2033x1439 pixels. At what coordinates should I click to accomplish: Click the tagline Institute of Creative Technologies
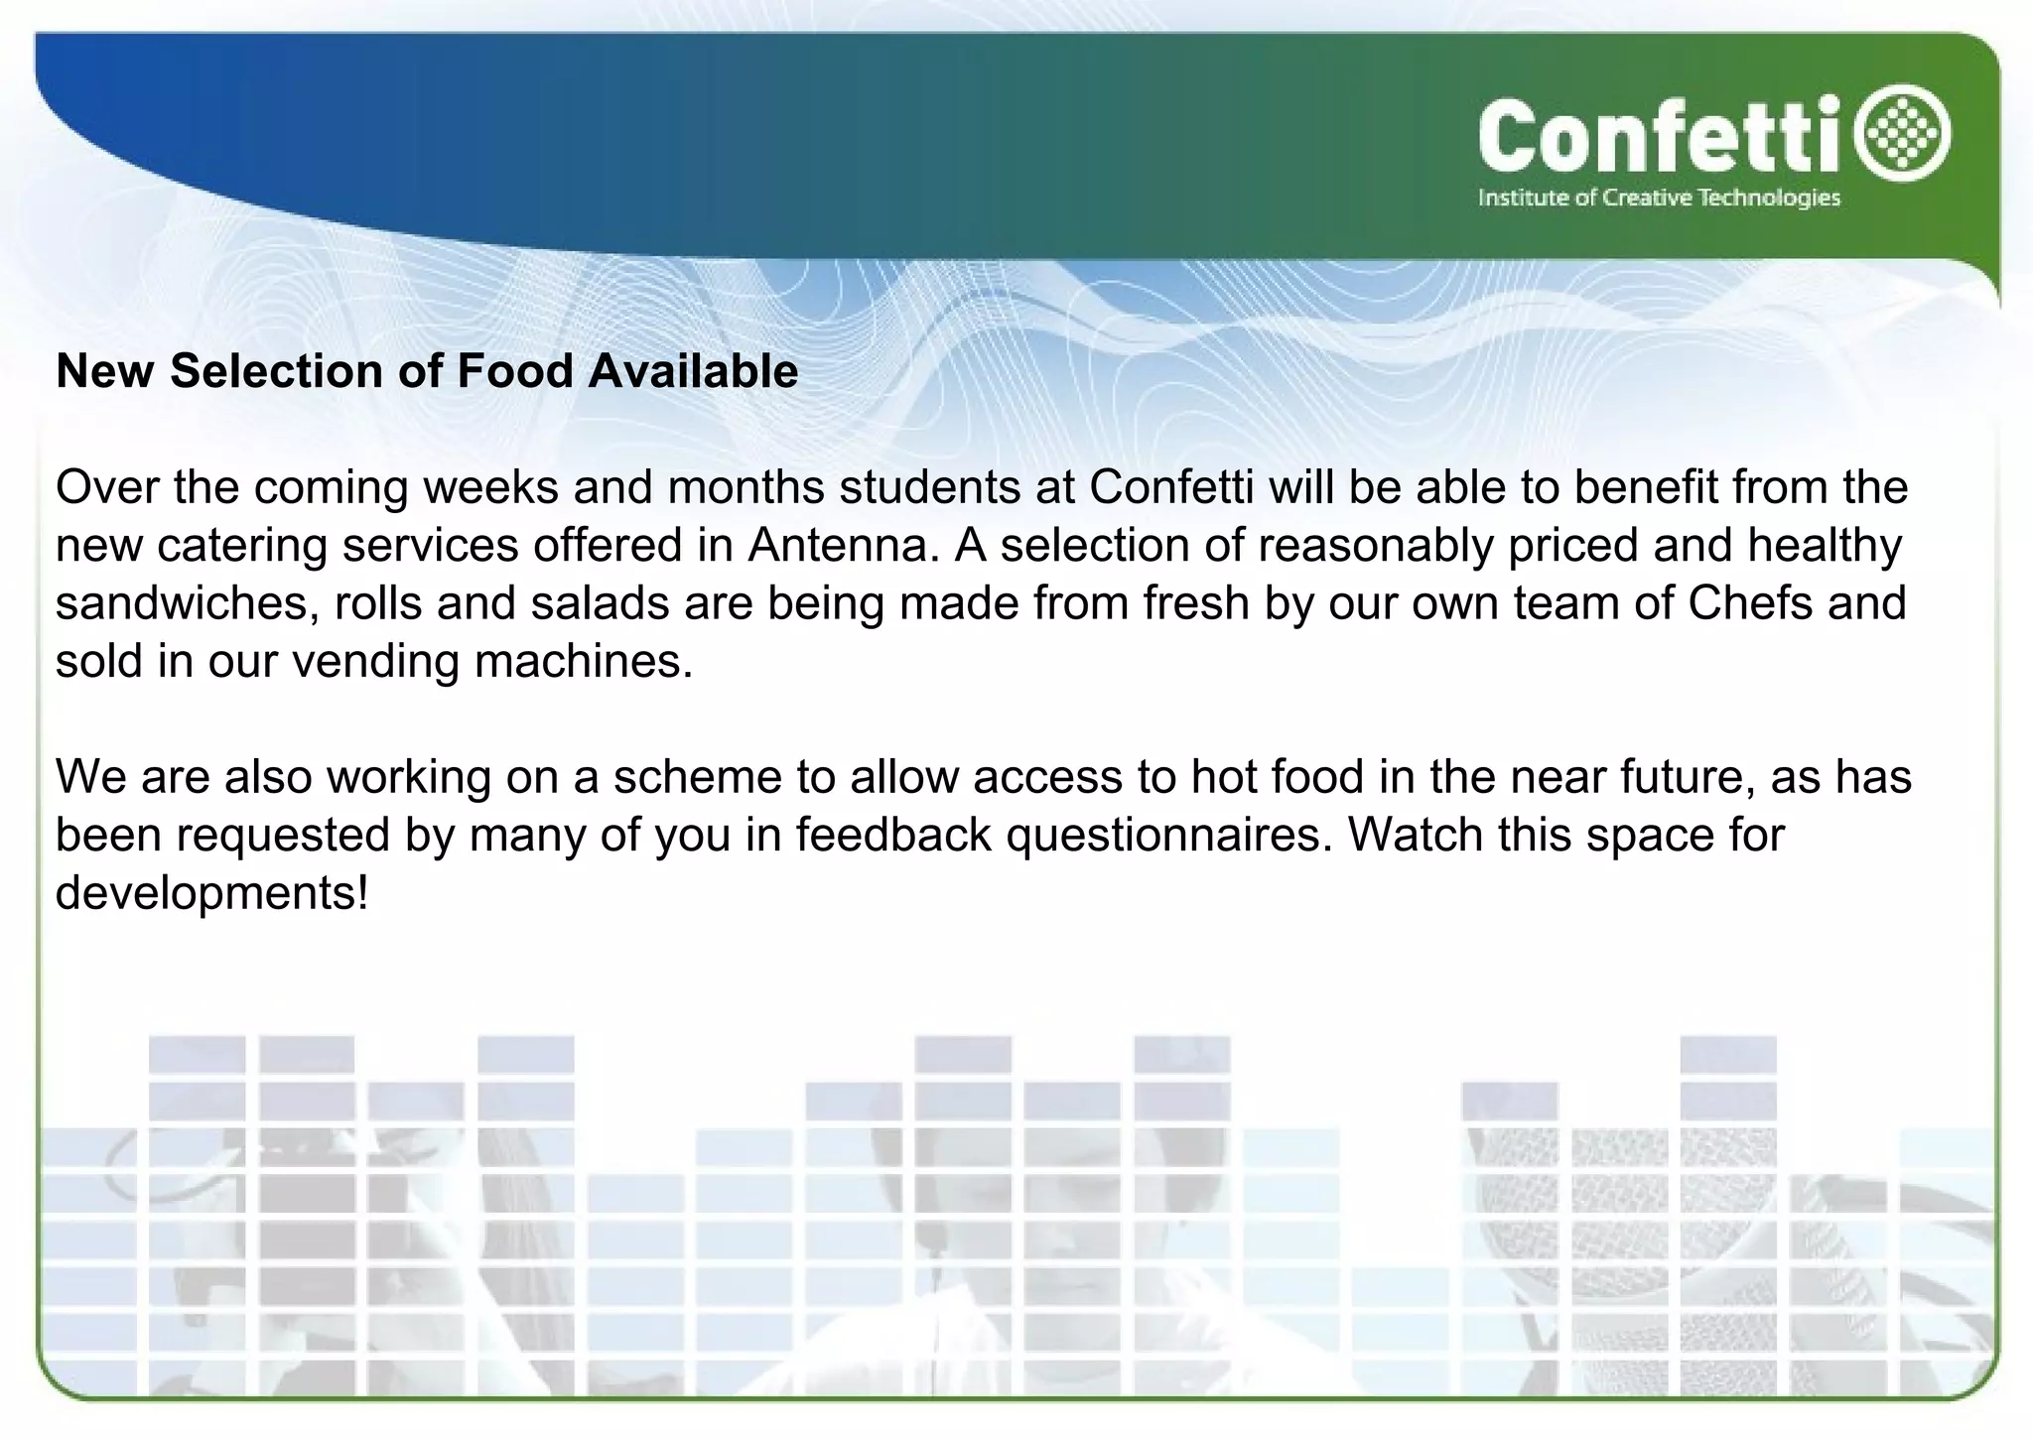[1659, 198]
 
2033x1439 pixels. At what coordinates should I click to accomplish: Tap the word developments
[211, 894]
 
